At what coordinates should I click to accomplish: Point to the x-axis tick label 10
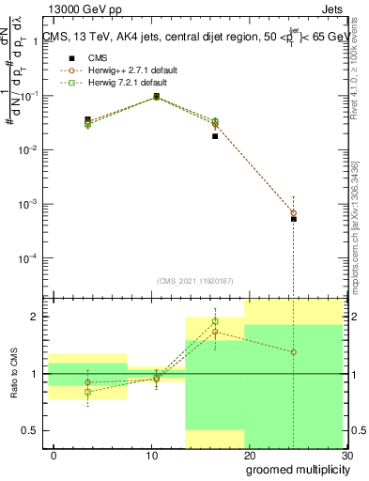pyautogui.click(x=151, y=456)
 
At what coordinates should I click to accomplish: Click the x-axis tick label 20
pyautogui.click(x=249, y=456)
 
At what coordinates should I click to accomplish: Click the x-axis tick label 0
pyautogui.click(x=54, y=456)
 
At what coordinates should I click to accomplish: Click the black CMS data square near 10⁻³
pyautogui.click(x=294, y=219)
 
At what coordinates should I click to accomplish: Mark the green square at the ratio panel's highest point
pyautogui.click(x=215, y=321)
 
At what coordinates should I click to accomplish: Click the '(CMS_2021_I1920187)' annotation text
pyautogui.click(x=194, y=280)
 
